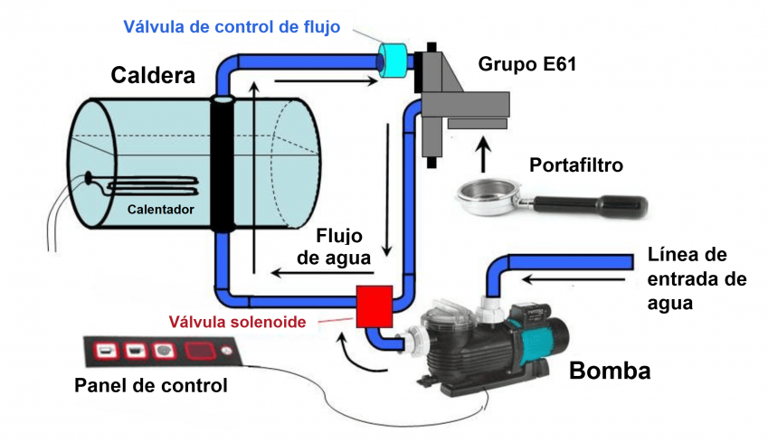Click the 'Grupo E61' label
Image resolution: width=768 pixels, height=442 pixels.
point(528,64)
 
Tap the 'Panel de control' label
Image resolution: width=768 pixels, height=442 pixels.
point(150,387)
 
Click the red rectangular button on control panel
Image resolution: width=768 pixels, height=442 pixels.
point(198,351)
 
